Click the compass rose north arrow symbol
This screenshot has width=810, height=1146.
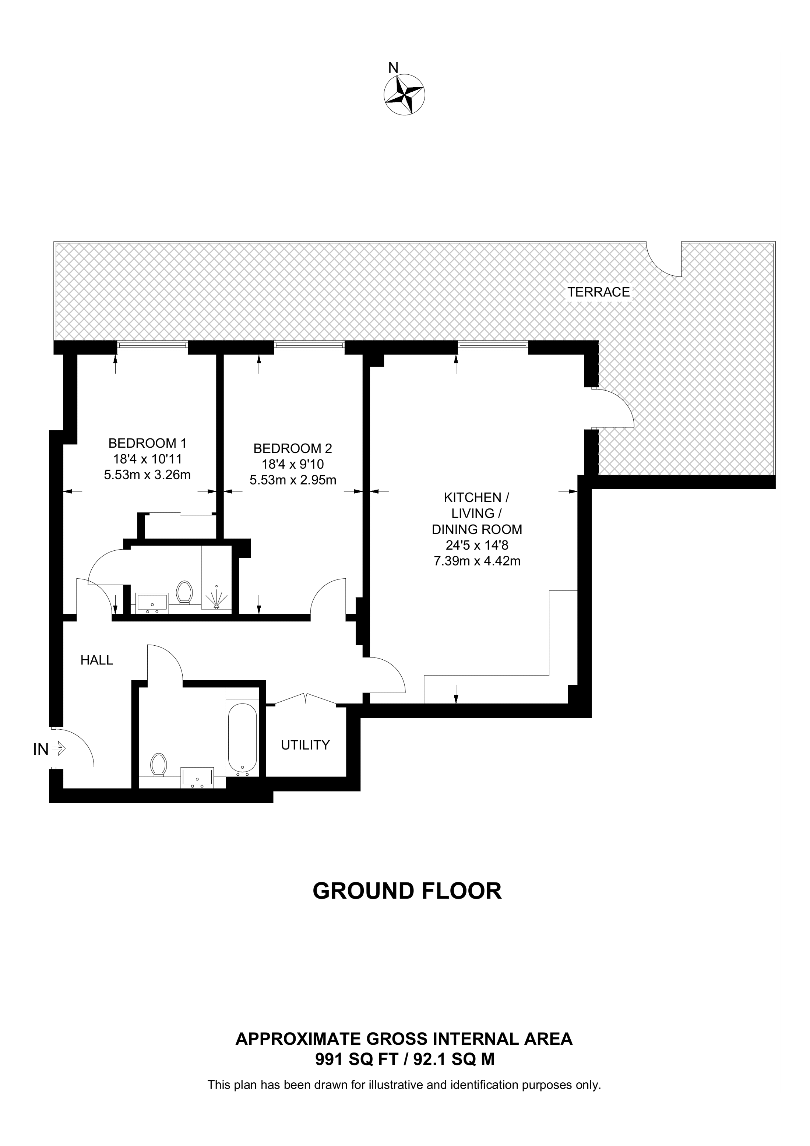point(404,94)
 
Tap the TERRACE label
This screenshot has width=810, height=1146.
point(598,292)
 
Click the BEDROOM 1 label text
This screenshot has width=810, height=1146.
point(147,443)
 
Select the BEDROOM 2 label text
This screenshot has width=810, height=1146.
point(292,448)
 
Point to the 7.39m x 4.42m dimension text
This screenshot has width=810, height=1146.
point(477,561)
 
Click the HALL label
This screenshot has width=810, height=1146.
point(97,660)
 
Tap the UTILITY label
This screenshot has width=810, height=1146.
point(305,745)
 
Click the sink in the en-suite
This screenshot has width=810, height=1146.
point(152,603)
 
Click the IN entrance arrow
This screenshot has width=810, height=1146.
point(59,748)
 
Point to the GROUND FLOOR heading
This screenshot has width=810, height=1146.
point(407,891)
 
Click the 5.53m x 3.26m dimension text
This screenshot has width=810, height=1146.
point(147,475)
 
